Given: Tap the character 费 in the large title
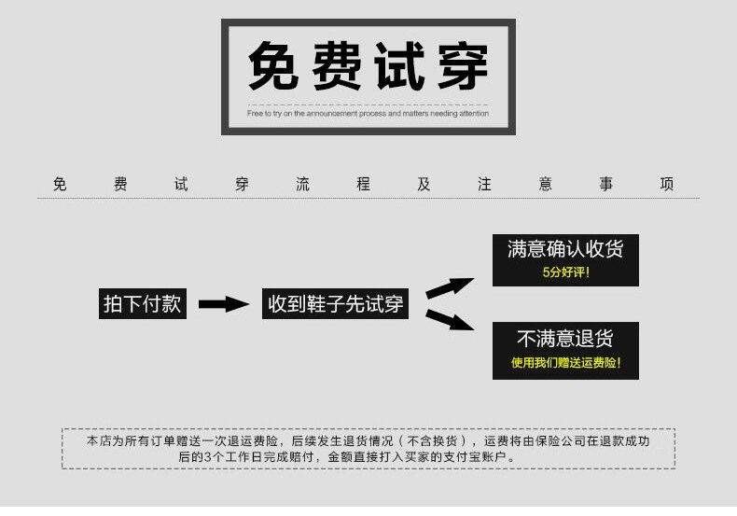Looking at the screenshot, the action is click(x=339, y=65).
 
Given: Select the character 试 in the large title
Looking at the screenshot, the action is click(x=400, y=65).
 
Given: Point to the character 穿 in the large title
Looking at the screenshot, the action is click(x=461, y=65).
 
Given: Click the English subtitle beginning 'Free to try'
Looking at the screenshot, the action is click(x=368, y=113).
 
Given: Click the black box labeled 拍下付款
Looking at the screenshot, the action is click(x=143, y=303).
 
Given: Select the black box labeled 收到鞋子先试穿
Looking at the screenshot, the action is click(x=336, y=303).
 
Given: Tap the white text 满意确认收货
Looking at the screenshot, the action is click(x=565, y=249).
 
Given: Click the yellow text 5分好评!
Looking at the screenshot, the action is click(x=565, y=272).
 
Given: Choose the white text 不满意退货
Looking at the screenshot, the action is click(x=565, y=338).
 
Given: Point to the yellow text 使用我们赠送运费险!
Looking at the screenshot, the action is click(x=565, y=362).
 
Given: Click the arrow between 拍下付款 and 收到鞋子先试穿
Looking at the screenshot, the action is click(x=224, y=303).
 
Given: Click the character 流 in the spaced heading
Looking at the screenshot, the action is click(x=302, y=184).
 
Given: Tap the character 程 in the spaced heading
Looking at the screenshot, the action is click(x=363, y=184).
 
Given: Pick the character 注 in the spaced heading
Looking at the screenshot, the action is click(x=484, y=184).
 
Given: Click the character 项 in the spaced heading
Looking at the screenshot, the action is click(x=666, y=184).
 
